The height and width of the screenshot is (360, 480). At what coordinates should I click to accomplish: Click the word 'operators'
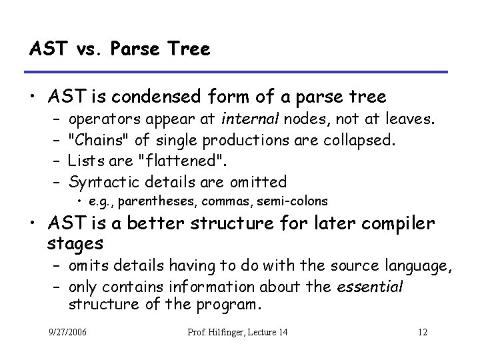click(x=100, y=120)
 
